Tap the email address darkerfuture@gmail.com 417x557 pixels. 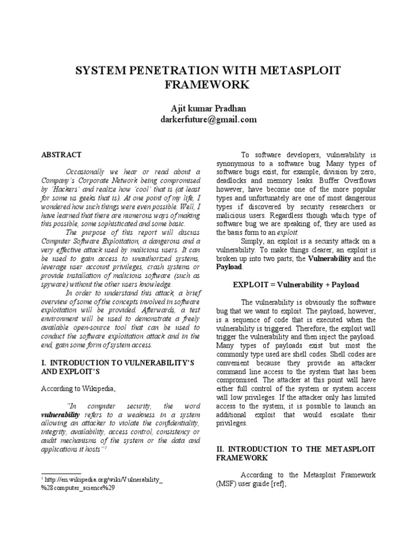tap(208, 120)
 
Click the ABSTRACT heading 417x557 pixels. tap(62, 154)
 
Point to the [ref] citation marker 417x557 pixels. tap(275, 483)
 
